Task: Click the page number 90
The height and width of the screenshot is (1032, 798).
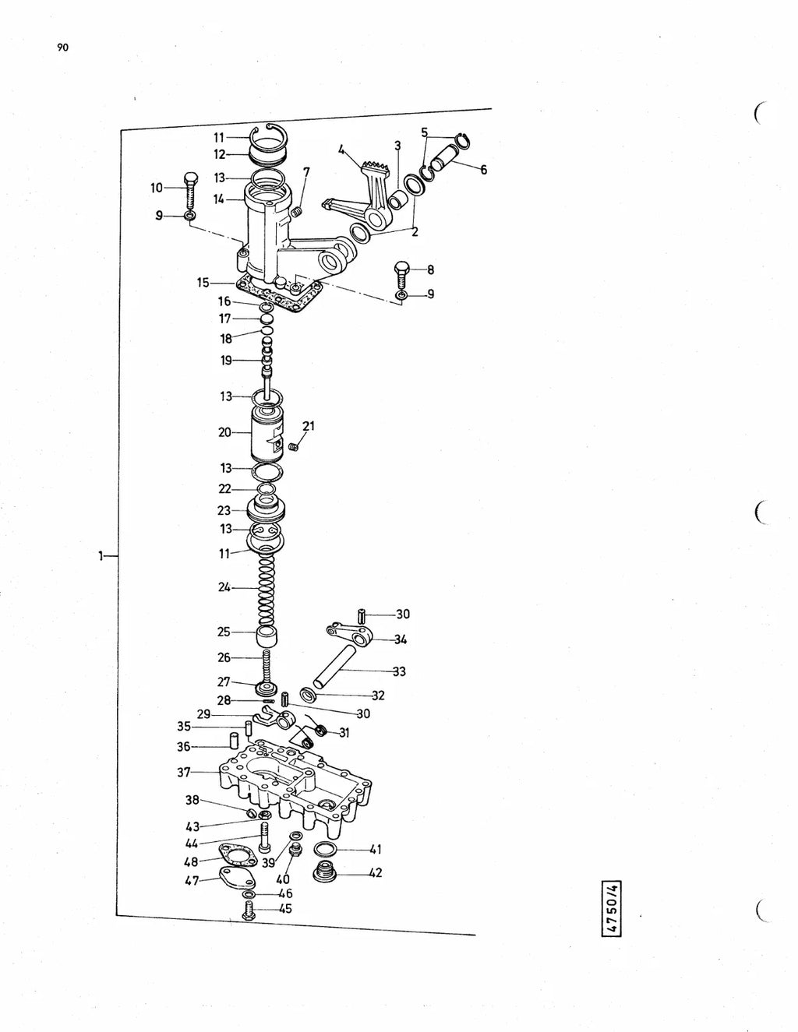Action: pyautogui.click(x=62, y=47)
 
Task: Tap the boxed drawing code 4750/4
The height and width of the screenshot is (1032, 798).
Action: pyautogui.click(x=612, y=908)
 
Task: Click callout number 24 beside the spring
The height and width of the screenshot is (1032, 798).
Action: pyautogui.click(x=224, y=587)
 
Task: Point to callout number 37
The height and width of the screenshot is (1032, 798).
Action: pyautogui.click(x=184, y=773)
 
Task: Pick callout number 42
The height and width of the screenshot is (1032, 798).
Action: pyautogui.click(x=376, y=873)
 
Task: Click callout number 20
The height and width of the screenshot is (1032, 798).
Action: pyautogui.click(x=224, y=432)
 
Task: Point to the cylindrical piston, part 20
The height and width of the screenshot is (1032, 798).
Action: pyautogui.click(x=267, y=434)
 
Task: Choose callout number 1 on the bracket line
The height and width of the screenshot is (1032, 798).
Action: pyautogui.click(x=101, y=555)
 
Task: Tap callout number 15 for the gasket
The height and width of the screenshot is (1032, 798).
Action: pyautogui.click(x=203, y=283)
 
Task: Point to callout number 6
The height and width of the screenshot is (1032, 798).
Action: pyautogui.click(x=483, y=170)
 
